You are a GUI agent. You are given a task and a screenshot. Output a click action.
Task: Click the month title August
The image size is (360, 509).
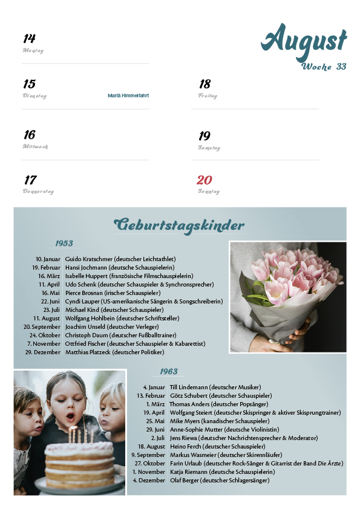coord(304,41)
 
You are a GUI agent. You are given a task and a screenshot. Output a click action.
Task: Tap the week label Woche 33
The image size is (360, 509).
coord(324,66)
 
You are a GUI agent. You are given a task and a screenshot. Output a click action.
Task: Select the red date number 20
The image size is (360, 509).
coord(205,180)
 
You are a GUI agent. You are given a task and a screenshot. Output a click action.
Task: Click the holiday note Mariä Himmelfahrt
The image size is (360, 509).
coord(128,96)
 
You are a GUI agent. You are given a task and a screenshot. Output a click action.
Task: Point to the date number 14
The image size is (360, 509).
coord(29,39)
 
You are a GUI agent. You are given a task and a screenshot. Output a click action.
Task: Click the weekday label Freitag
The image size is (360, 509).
coord(208,96)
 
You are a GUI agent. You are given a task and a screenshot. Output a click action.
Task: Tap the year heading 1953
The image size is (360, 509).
coord(64,244)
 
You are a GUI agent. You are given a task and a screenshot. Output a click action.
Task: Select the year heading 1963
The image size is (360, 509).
coord(169,371)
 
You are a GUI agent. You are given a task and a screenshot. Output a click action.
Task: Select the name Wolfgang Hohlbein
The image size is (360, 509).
coord(91,318)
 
